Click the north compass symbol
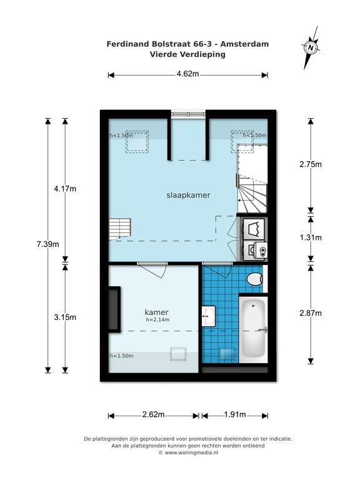(311, 47)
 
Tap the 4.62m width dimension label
(187, 74)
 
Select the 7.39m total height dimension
(47, 244)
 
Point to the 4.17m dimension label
(65, 189)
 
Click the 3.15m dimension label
(65, 317)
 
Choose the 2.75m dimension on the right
(311, 164)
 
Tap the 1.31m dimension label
(311, 237)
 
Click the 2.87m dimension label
(311, 313)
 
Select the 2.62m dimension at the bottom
(153, 414)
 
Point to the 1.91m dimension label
(235, 414)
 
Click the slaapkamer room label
(188, 195)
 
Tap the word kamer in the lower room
(156, 312)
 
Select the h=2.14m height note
(157, 319)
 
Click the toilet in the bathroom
(255, 279)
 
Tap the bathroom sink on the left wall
(209, 316)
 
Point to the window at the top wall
(188, 114)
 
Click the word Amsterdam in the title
(244, 44)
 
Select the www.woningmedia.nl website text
(191, 452)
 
